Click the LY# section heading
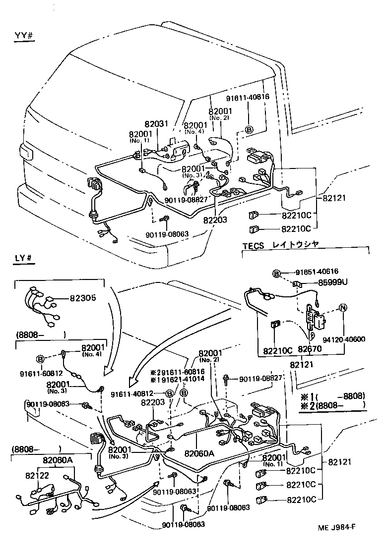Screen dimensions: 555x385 (24, 259)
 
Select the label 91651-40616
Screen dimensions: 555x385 (317, 272)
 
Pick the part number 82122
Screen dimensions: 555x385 (38, 475)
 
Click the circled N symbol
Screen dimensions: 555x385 (342, 308)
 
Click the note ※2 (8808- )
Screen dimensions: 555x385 (332, 404)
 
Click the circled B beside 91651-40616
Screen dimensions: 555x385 (277, 272)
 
